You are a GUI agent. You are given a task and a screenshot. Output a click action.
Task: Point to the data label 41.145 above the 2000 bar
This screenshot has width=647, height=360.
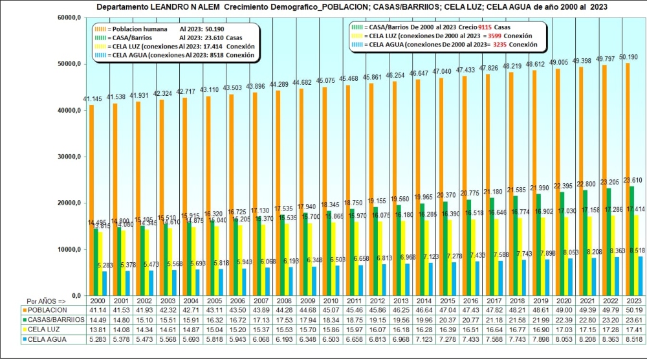92,98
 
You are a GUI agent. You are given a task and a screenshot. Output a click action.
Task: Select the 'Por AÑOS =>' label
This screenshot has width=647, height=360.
46,302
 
